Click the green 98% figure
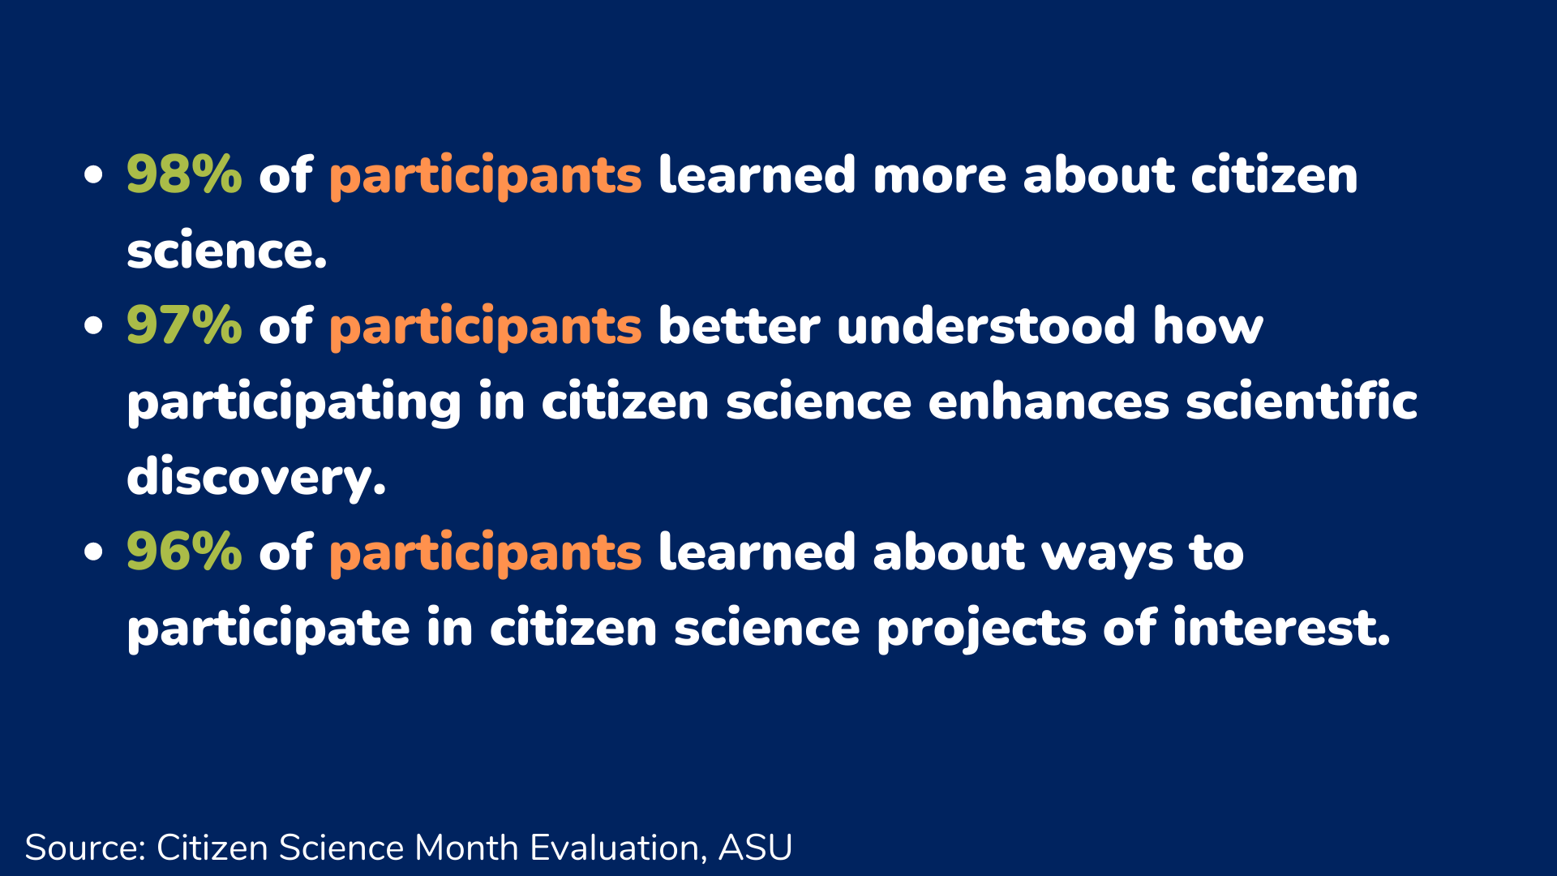tap(184, 174)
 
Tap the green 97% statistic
tap(184, 324)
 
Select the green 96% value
tap(184, 552)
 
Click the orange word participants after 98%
tap(485, 176)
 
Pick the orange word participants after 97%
tap(485, 327)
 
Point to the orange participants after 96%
tap(485, 553)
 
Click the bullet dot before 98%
tap(94, 174)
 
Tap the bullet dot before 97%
tap(94, 325)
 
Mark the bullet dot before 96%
tap(94, 552)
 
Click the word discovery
tap(255, 477)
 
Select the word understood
tap(986, 324)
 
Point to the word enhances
tap(1049, 401)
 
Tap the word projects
tap(981, 629)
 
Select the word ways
tap(1107, 554)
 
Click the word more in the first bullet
tap(940, 177)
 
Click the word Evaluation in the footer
tap(616, 848)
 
